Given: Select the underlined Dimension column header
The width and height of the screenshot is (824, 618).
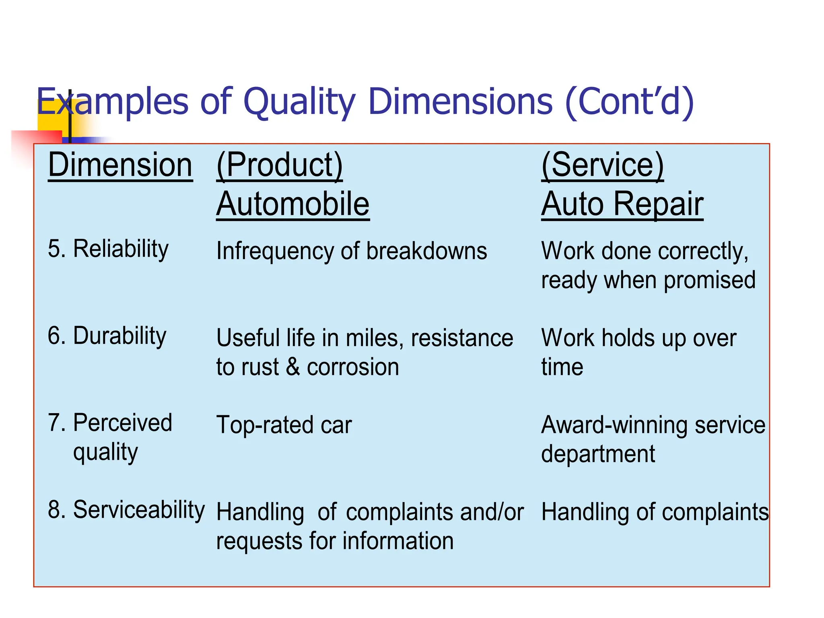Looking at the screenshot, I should [120, 165].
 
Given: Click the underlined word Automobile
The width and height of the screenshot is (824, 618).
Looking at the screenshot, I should [293, 204].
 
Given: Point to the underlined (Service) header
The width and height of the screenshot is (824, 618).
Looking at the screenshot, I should [602, 165].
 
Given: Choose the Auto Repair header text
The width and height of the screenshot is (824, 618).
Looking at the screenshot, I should [622, 204].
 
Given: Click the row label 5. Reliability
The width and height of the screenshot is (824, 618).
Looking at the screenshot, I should [108, 249].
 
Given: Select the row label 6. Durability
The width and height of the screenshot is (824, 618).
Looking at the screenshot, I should [107, 336].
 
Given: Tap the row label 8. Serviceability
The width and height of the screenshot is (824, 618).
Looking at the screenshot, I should [126, 510].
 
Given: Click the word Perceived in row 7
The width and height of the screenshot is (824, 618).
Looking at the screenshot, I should [122, 423].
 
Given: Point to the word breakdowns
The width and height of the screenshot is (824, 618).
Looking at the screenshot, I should [426, 251].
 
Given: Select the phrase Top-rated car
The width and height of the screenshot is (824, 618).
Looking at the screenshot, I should [284, 425].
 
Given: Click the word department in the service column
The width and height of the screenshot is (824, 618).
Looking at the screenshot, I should [598, 454].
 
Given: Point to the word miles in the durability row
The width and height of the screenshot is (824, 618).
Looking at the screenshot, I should [374, 338].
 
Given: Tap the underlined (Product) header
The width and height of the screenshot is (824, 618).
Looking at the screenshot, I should [279, 165].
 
